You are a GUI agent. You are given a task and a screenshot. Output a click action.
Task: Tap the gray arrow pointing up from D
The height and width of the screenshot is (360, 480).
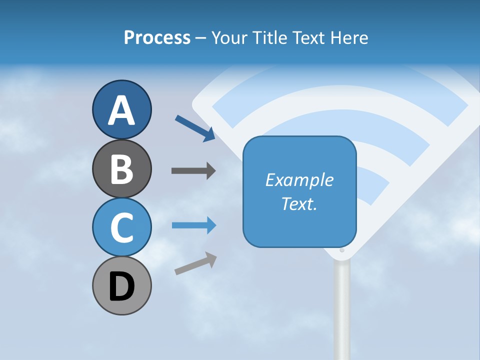click(195, 263)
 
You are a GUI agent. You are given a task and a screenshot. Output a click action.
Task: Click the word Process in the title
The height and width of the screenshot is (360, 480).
click(157, 37)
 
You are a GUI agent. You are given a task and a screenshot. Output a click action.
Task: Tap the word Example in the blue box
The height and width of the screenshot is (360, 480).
click(299, 180)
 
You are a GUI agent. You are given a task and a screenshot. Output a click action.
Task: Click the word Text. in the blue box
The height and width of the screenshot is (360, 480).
click(299, 203)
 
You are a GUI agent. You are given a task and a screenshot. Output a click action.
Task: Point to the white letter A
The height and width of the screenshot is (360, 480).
click(121, 110)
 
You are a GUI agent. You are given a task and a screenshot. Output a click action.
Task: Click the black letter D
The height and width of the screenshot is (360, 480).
click(121, 287)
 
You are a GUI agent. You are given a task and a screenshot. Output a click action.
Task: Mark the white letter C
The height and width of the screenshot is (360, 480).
click(121, 227)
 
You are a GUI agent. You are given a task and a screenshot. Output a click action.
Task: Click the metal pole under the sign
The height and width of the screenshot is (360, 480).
click(342, 310)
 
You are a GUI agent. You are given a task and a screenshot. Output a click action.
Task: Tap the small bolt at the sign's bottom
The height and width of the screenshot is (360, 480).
click(342, 250)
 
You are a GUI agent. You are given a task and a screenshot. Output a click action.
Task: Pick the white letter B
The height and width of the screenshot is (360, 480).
click(121, 169)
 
